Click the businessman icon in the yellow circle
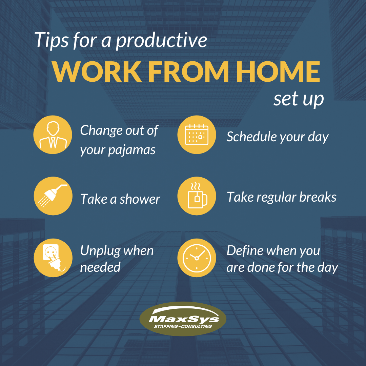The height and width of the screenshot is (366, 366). tap(53, 135)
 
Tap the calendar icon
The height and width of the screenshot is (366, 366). tap(197, 135)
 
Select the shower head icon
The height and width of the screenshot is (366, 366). tap(53, 196)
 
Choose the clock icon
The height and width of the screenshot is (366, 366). tap(197, 258)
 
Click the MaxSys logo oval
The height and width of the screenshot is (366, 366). tap(183, 319)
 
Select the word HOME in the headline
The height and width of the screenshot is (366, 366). tap(278, 72)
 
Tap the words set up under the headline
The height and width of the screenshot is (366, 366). tap(299, 99)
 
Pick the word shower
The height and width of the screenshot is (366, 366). tap(140, 199)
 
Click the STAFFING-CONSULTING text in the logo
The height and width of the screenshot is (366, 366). tap(183, 326)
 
